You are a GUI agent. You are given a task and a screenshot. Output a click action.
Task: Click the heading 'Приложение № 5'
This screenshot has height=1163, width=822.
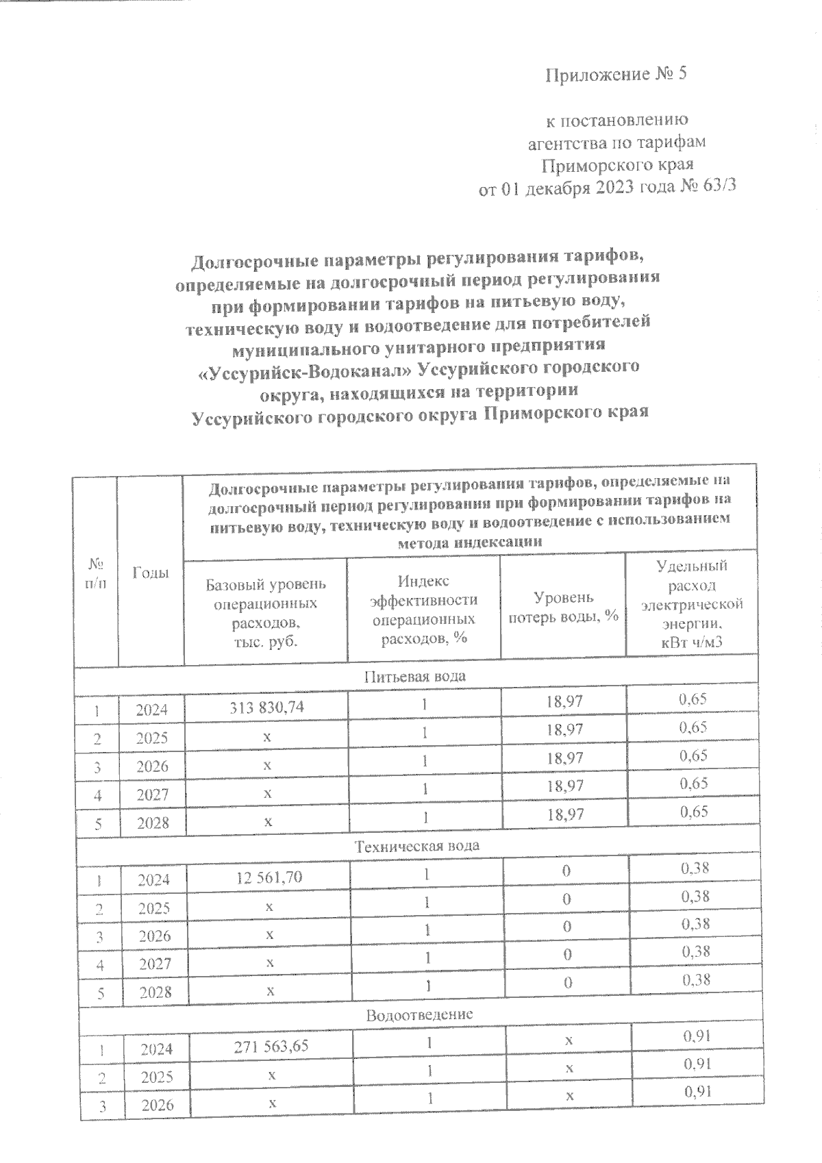click(x=615, y=75)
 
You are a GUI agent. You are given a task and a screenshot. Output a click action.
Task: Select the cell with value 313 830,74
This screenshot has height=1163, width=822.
click(x=267, y=709)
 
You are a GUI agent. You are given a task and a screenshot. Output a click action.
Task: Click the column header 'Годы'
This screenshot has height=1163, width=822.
click(x=151, y=573)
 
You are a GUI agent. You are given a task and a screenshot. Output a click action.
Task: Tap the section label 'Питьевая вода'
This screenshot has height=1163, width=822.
click(x=415, y=676)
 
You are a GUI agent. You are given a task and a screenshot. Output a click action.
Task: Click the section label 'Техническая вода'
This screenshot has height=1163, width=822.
click(x=416, y=845)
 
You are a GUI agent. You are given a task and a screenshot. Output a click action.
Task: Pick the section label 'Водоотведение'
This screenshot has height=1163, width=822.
click(x=419, y=1014)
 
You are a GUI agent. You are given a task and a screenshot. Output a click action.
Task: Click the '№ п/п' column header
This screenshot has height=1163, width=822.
click(x=96, y=573)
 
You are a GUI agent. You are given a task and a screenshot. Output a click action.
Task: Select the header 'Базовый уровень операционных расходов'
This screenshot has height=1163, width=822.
click(x=266, y=613)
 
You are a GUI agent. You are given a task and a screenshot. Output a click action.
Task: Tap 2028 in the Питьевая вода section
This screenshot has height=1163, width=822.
click(x=153, y=823)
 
